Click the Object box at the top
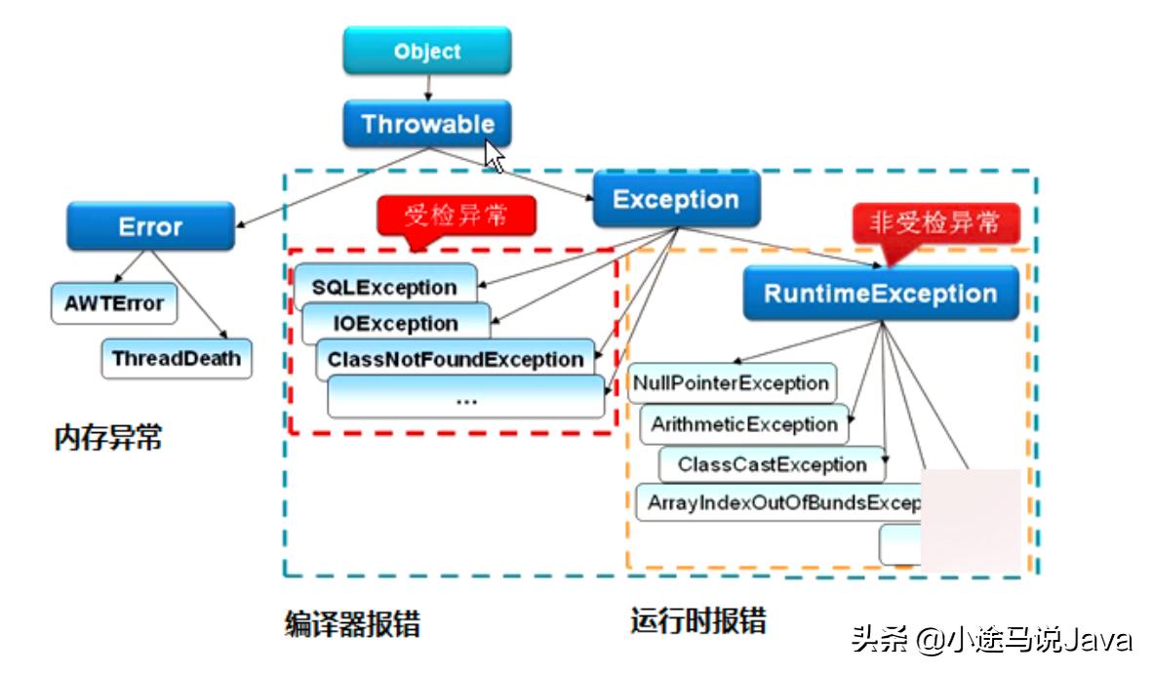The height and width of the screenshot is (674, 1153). [x=426, y=51]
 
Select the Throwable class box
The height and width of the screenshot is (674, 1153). [x=426, y=124]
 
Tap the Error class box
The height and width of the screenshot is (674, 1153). [x=150, y=226]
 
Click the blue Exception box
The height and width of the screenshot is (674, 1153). [x=675, y=200]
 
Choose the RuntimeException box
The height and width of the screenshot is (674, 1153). [x=880, y=294]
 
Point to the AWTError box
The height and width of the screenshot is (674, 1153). [x=114, y=303]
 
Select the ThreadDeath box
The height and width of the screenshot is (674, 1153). [x=176, y=358]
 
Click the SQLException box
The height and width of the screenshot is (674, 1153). [x=384, y=287]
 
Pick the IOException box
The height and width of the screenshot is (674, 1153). [x=395, y=323]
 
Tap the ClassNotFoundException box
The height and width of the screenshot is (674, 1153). [x=455, y=359]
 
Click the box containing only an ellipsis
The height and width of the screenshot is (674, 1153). [x=465, y=398]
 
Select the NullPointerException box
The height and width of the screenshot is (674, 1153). [x=731, y=383]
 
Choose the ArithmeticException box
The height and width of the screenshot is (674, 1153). [x=743, y=424]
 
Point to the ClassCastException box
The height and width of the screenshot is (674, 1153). [x=771, y=464]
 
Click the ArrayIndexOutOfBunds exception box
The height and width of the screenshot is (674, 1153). [x=780, y=503]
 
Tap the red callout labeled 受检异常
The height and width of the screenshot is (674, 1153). [x=456, y=215]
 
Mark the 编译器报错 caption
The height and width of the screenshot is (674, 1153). [x=352, y=623]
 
